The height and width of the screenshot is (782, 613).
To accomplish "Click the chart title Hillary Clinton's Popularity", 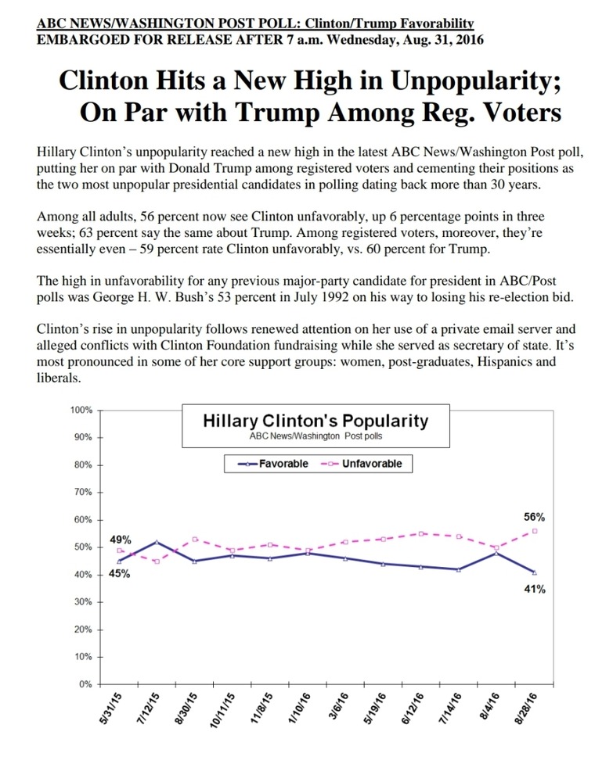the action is coord(316,421).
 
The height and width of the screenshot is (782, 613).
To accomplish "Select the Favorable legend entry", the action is coord(273,464).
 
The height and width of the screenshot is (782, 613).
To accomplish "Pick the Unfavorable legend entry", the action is coord(362,464).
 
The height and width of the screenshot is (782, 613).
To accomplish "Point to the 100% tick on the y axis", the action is coord(81,410).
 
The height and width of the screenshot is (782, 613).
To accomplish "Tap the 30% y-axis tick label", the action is coord(83,602).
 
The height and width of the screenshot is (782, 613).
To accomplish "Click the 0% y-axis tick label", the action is coord(85,684).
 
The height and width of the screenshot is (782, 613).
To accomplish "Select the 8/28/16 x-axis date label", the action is coord(526,709).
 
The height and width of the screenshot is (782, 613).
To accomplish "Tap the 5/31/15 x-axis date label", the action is coord(110,709).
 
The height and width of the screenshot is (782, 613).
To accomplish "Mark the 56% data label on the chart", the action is coord(534,517).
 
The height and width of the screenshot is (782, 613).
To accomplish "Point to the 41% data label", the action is coord(535,589).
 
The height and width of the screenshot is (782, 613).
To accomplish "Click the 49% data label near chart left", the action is coord(121,540).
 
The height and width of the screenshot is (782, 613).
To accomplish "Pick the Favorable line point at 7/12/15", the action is coord(157,542).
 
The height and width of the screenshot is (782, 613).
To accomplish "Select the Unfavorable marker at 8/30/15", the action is coord(195,539).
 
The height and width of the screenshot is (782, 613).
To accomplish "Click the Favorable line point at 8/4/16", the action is coord(496,553).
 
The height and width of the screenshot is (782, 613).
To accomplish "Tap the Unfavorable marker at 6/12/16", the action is coord(421,533).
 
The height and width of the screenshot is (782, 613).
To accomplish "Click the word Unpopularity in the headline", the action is coord(476,81).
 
